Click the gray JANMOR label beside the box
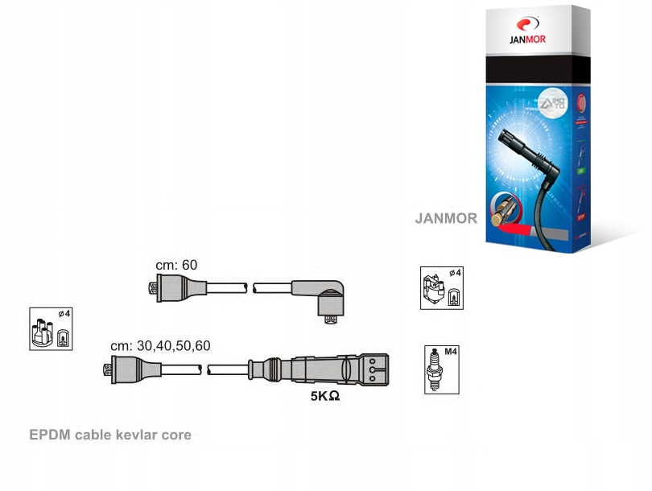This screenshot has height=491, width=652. [x=446, y=218]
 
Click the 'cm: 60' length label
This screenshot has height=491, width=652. [x=176, y=265]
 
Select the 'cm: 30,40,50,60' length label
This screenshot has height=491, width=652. [x=160, y=345]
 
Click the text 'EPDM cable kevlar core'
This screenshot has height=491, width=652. [x=110, y=435]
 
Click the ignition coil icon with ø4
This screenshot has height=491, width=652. [x=442, y=287]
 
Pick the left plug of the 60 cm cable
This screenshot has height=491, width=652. [x=165, y=287]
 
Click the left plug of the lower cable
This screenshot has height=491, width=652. [x=121, y=369]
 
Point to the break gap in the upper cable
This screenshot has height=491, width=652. [x=250, y=287]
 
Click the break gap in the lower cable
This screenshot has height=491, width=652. [x=204, y=369]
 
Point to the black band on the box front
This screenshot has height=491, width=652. [x=531, y=72]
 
